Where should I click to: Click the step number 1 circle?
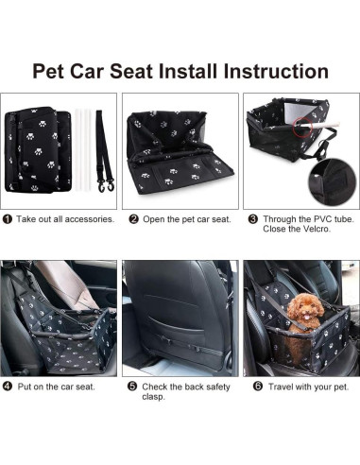[x=8, y=219]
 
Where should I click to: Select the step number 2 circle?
[x=133, y=219]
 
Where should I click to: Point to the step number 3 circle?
[x=252, y=218]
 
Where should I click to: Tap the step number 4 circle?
[x=8, y=387]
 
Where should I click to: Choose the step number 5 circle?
[x=133, y=387]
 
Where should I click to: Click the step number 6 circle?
[x=252, y=387]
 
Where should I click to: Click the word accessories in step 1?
[x=90, y=219]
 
